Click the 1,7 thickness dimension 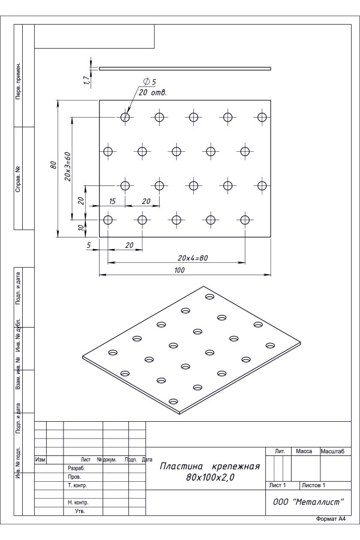[x=87, y=80]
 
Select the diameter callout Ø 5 [x=149, y=82]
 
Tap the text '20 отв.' [x=152, y=92]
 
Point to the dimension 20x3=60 [x=67, y=166]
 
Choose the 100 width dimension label [x=179, y=271]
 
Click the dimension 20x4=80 [x=193, y=257]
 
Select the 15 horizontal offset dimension [x=112, y=201]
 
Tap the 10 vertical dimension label [x=81, y=227]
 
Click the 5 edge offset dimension [x=89, y=245]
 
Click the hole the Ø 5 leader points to [x=125, y=117]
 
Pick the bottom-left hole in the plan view [x=108, y=220]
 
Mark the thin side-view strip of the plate [x=185, y=68]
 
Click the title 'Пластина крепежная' [x=210, y=466]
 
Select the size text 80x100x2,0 [x=210, y=478]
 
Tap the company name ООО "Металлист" [x=308, y=502]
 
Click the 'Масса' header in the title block [x=304, y=451]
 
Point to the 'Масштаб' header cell [x=332, y=451]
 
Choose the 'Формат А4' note [x=331, y=519]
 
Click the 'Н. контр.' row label [x=78, y=502]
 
